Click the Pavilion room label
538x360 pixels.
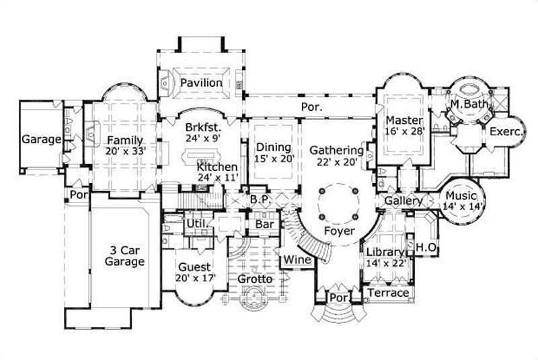[201, 83]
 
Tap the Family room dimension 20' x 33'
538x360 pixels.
[125, 151]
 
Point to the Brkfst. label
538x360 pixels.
[200, 125]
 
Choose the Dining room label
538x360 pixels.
[273, 147]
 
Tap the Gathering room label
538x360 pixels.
[336, 150]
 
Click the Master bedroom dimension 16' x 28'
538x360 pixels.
[405, 131]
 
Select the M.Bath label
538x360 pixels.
[466, 104]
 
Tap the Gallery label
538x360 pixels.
[403, 201]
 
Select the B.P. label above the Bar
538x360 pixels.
[260, 200]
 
